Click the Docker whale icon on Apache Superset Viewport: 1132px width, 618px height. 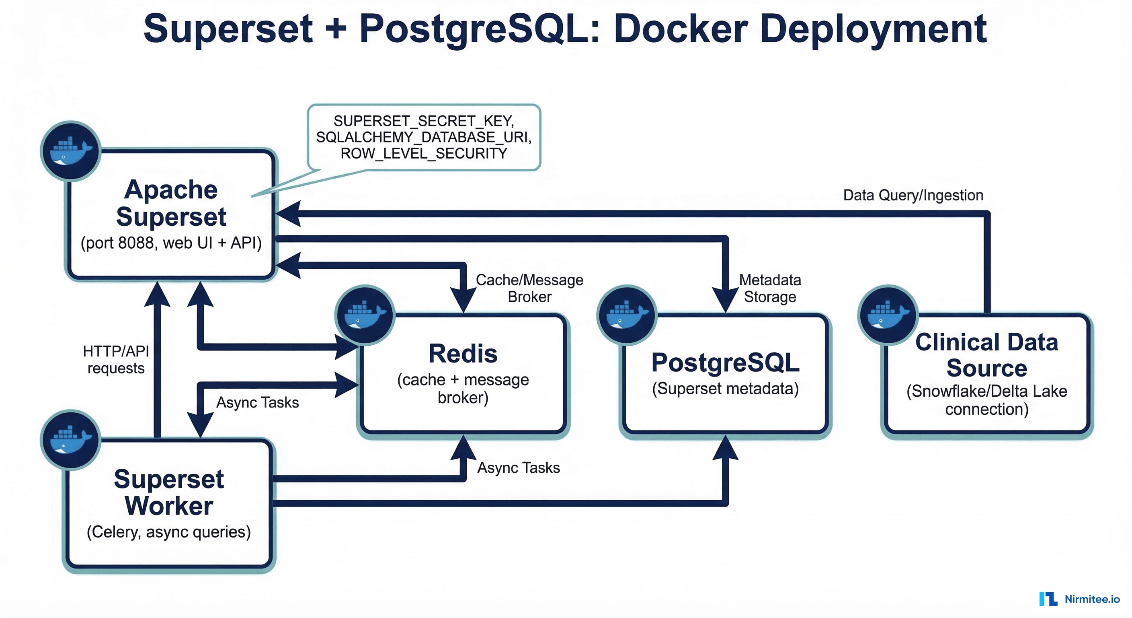(71, 151)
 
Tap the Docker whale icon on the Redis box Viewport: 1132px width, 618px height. (365, 315)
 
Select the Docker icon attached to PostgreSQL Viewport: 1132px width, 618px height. (627, 315)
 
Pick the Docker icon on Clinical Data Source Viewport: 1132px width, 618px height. (888, 315)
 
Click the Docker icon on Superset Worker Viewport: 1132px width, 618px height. (71, 439)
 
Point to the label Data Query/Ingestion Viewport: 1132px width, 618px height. (913, 195)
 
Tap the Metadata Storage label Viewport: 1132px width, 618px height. (769, 288)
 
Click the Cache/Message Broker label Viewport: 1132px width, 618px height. (529, 288)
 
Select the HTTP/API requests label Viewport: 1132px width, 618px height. (116, 359)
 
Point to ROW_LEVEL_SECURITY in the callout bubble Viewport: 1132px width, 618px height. (424, 154)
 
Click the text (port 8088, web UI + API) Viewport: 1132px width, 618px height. (171, 243)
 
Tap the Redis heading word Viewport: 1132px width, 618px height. (463, 354)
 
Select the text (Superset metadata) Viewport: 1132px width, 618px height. (725, 388)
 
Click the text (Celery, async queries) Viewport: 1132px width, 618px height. (169, 532)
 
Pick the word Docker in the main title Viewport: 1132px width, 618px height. (681, 29)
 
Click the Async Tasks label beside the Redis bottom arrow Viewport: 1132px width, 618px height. (519, 468)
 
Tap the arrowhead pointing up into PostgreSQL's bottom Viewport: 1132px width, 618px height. (725, 449)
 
